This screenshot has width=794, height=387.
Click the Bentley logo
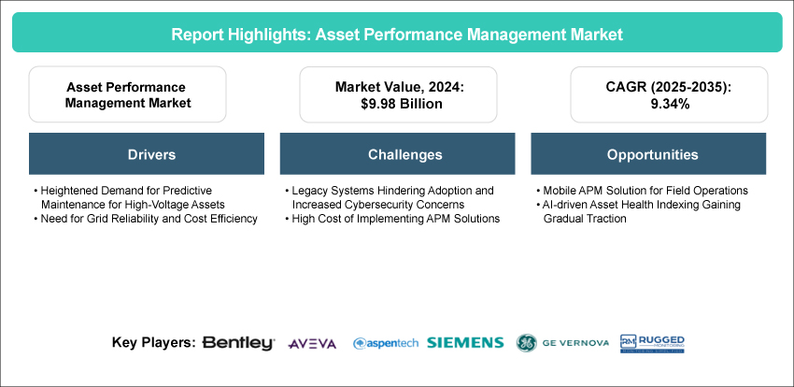tap(238, 343)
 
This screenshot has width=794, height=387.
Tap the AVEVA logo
tap(312, 344)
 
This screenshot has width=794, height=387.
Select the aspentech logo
tap(386, 343)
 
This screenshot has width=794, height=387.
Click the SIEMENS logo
tap(465, 343)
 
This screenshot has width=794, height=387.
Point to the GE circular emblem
tap(527, 343)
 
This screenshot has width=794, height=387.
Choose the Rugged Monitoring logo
tap(652, 343)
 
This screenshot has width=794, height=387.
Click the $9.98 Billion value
tap(398, 104)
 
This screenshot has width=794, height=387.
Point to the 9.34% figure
tap(669, 104)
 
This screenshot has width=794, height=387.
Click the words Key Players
tap(154, 343)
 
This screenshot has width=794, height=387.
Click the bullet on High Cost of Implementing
tap(392, 219)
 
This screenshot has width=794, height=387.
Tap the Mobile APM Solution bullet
tap(642, 191)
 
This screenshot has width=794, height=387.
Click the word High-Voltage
tap(173, 205)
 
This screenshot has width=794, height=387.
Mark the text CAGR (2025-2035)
tap(669, 87)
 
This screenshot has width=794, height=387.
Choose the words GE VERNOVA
tap(575, 343)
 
